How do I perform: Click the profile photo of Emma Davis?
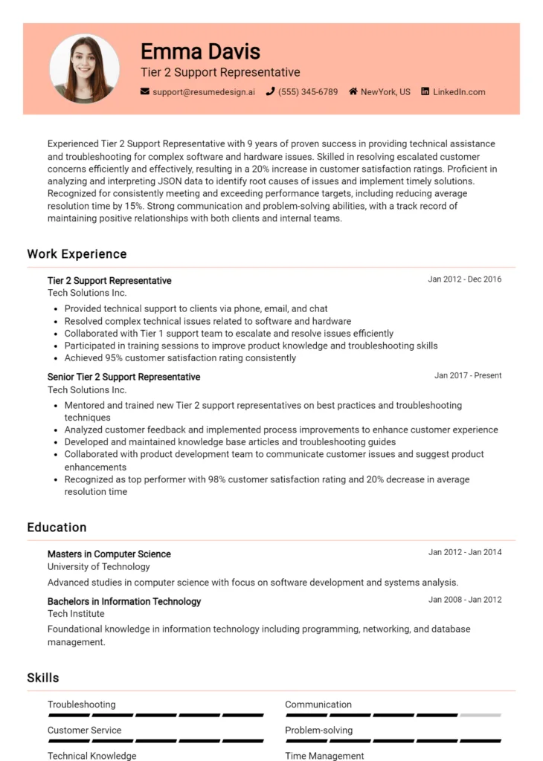84,68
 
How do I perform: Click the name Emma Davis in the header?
200,51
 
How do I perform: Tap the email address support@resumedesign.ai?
204,92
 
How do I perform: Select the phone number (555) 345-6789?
308,92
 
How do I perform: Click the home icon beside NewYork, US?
353,92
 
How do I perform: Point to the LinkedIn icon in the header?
425,92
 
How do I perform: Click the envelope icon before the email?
145,92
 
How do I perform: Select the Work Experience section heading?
77,254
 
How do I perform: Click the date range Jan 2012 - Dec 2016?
464,279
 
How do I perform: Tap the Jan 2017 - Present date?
468,376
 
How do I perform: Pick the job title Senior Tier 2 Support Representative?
123,377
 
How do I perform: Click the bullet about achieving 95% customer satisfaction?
180,358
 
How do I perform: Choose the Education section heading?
57,528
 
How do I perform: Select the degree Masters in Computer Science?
109,554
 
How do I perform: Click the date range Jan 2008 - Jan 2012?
465,600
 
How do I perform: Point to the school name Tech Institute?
76,614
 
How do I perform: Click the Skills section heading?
43,678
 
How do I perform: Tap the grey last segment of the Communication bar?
481,715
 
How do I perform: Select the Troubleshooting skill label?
82,705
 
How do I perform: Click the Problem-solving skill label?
318,731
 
